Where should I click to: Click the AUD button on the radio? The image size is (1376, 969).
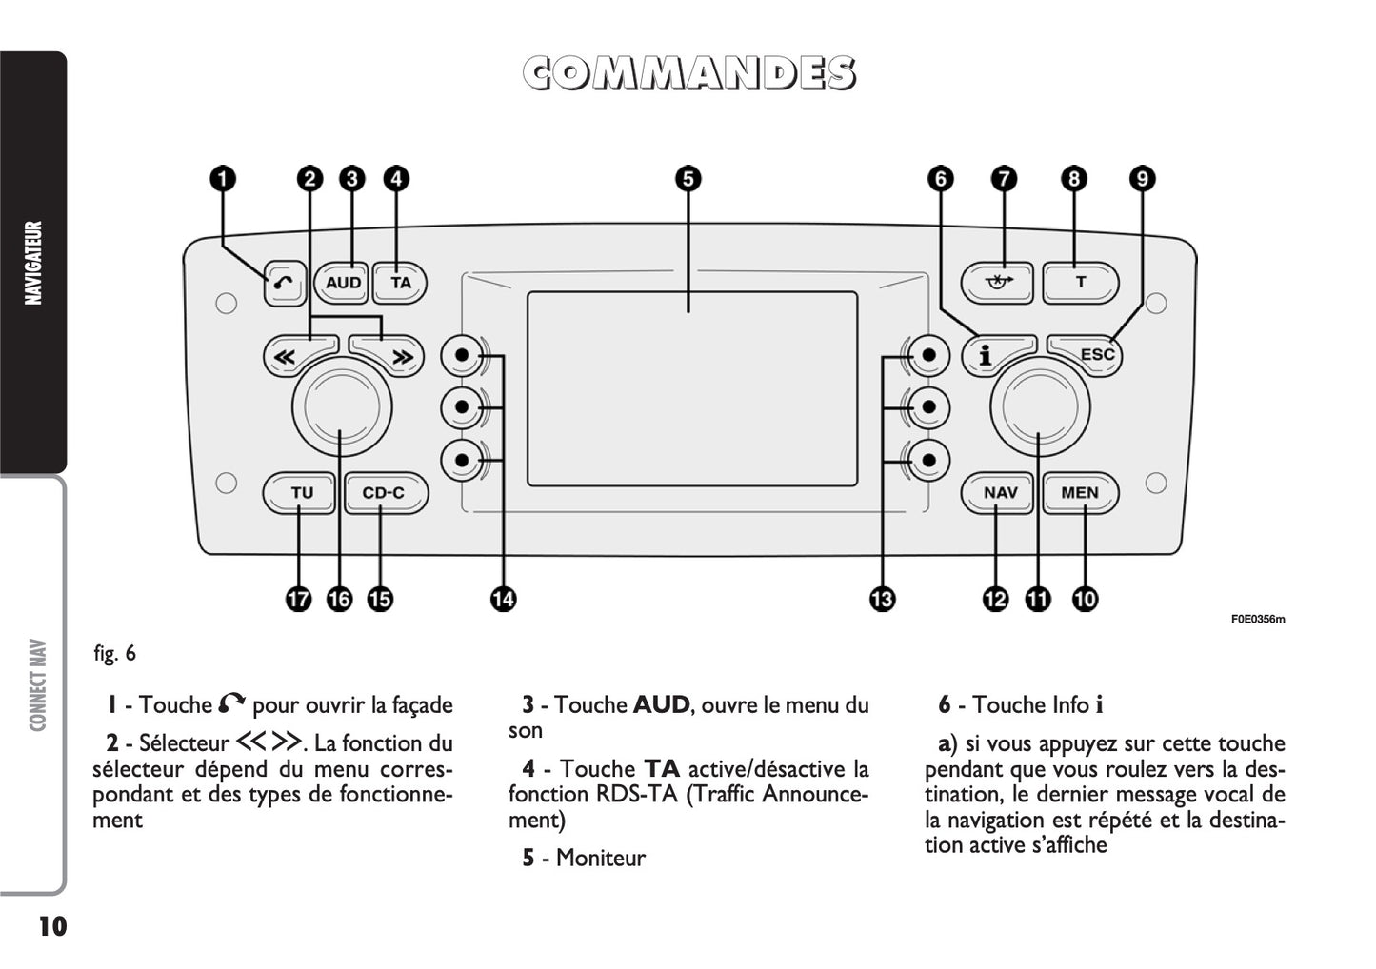(x=342, y=283)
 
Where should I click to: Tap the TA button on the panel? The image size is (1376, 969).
(x=400, y=283)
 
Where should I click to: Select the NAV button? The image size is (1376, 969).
(x=999, y=493)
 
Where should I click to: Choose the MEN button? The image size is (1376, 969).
(x=1080, y=493)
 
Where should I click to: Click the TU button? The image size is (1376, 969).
(x=301, y=493)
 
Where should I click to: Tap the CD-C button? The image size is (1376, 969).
(x=384, y=493)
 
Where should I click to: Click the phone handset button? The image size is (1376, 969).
(x=285, y=283)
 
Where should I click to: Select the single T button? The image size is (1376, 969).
(x=1080, y=283)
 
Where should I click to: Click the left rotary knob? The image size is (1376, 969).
(x=342, y=407)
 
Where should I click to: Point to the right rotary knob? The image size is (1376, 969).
(x=1040, y=407)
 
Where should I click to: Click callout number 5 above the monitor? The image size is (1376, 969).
(x=688, y=179)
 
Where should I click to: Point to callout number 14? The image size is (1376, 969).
(x=503, y=599)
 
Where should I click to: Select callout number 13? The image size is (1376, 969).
(x=882, y=599)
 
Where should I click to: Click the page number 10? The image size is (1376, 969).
(x=52, y=926)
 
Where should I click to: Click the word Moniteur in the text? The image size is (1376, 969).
(x=600, y=858)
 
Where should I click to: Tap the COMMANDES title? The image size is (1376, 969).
(x=688, y=74)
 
